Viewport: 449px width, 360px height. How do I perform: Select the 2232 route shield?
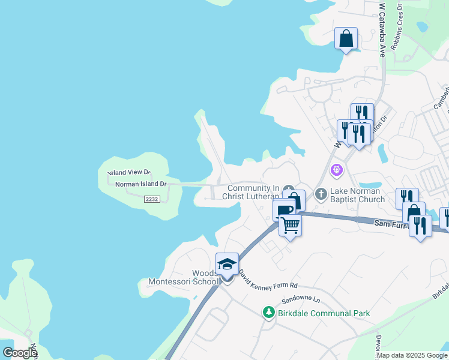[151, 199]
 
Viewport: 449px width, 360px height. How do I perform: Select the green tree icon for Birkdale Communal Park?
[268, 313]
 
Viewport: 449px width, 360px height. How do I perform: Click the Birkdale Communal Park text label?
[324, 313]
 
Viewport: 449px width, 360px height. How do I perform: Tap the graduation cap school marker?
[227, 265]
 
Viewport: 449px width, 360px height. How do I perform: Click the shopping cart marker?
[290, 226]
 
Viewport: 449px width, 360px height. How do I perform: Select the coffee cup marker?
[283, 210]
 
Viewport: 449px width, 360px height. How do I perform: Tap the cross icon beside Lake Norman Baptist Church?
[321, 194]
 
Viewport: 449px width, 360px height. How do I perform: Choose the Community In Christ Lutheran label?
[251, 192]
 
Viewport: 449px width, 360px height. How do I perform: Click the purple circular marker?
[337, 171]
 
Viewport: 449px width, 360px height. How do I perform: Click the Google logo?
[20, 353]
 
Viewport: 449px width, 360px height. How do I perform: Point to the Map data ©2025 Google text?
[412, 355]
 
